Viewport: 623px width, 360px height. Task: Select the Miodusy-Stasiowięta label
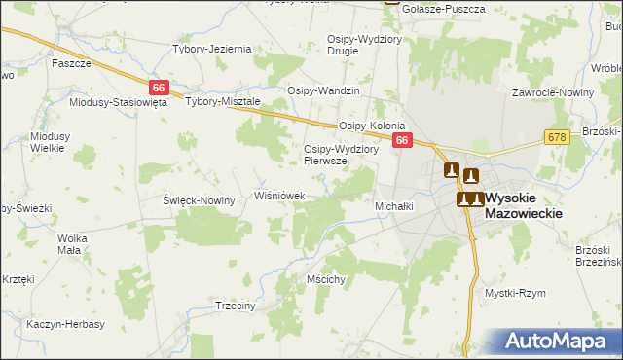coord(119,101)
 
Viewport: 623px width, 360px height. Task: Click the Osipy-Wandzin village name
coord(323,90)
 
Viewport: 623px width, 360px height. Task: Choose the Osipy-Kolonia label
coord(371,126)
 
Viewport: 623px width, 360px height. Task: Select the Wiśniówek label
coord(280,196)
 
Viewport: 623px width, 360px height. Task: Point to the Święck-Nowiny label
coord(200,200)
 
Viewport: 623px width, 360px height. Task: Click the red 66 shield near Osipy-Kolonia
coord(402,141)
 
